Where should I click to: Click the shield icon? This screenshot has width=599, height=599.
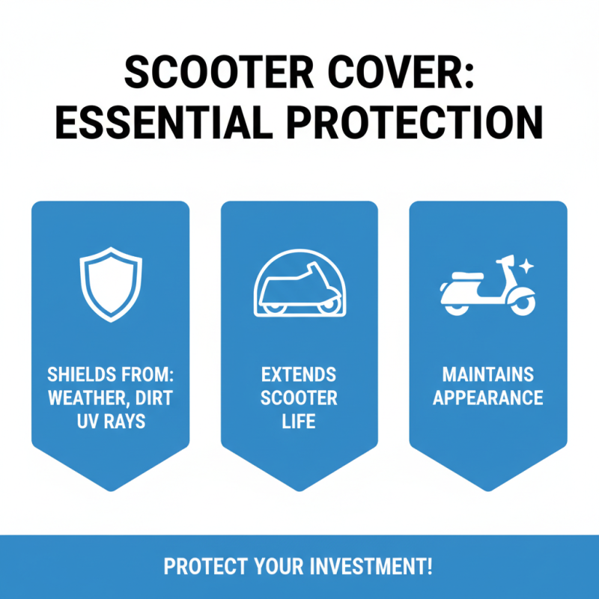tap(110, 286)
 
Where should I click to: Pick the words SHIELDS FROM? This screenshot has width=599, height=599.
tap(110, 374)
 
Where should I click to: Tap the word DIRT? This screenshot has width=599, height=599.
tap(154, 398)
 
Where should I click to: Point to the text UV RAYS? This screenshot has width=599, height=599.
tap(110, 422)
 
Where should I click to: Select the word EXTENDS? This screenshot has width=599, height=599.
tap(299, 374)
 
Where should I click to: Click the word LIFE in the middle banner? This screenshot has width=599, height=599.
tap(299, 422)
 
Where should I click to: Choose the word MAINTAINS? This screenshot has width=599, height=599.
tap(487, 374)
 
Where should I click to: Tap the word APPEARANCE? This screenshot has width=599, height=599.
tap(487, 398)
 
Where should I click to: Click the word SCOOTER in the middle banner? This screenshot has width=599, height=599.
tap(299, 398)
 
